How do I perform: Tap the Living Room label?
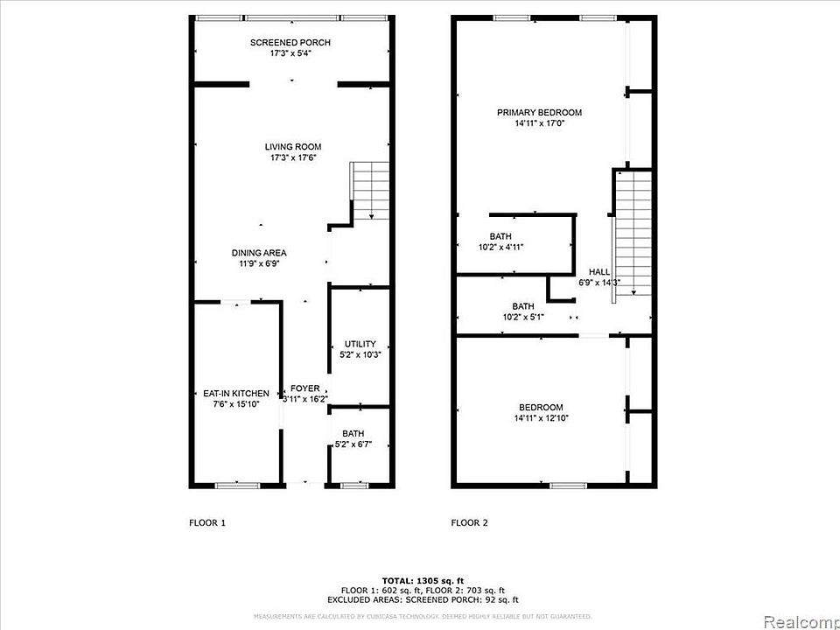pyautogui.click(x=293, y=147)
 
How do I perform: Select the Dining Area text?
pyautogui.click(x=259, y=253)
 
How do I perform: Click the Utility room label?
pyautogui.click(x=360, y=344)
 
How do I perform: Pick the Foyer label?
pyautogui.click(x=305, y=388)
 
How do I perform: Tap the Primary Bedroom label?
pyautogui.click(x=539, y=113)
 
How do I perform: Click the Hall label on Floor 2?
pyautogui.click(x=599, y=272)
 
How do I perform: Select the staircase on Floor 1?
pyautogui.click(x=371, y=189)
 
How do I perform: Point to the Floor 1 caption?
pyautogui.click(x=207, y=523)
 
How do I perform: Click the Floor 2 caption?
pyautogui.click(x=469, y=523)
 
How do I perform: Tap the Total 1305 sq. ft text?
pyautogui.click(x=423, y=581)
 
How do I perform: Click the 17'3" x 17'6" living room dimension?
pyautogui.click(x=293, y=158)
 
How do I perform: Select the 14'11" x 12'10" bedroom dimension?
pyautogui.click(x=541, y=418)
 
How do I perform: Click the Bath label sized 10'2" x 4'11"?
pyautogui.click(x=501, y=236)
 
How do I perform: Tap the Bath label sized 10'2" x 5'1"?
pyautogui.click(x=523, y=306)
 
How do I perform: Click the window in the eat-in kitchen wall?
pyautogui.click(x=237, y=485)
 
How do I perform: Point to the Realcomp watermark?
pyautogui.click(x=801, y=622)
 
